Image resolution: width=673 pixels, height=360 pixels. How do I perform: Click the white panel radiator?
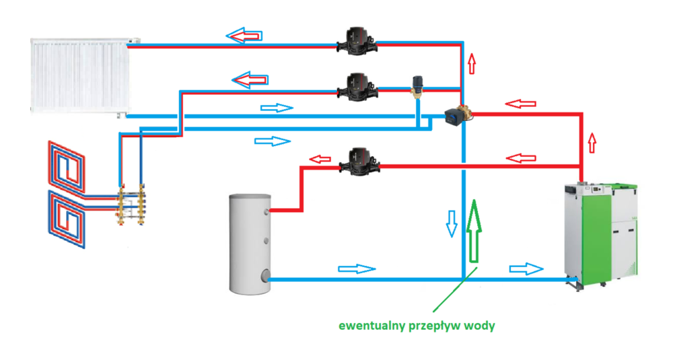click(x=79, y=75)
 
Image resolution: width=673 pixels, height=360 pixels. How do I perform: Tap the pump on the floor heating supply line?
click(x=356, y=85)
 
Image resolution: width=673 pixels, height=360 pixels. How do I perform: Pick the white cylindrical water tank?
click(x=250, y=243)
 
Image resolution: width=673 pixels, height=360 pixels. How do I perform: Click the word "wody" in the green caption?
click(x=481, y=326)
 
